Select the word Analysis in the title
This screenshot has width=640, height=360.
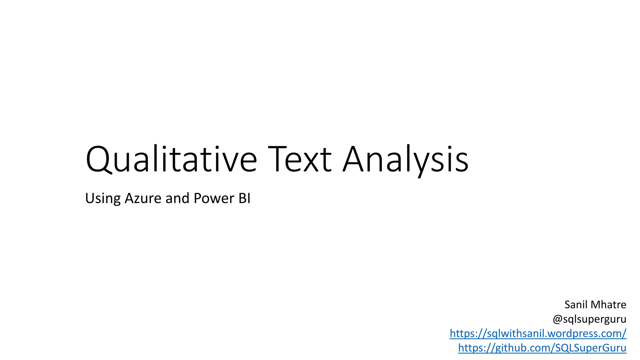405,159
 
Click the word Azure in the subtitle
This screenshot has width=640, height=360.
143,198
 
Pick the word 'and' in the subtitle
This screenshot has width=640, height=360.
177,198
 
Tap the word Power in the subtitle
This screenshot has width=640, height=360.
214,198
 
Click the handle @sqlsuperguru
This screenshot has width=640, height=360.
589,319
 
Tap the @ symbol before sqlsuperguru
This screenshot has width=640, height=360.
558,319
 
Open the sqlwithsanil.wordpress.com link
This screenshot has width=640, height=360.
538,333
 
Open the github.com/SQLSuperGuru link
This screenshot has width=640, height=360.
542,348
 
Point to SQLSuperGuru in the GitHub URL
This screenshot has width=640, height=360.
591,348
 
